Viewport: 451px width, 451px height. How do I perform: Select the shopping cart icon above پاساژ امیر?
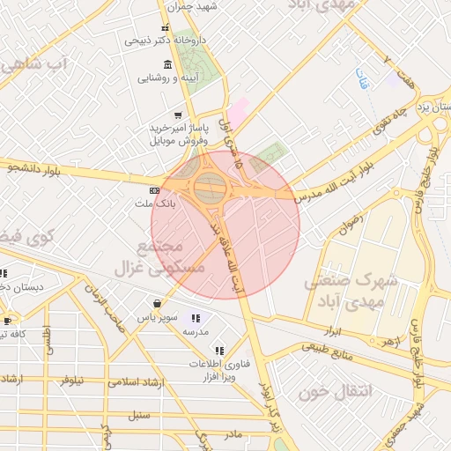coord(178,115)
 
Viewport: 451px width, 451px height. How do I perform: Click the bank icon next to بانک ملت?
coord(155,190)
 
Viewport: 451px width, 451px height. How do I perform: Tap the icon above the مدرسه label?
coord(195,318)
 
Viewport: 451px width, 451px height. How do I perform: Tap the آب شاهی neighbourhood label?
coord(36,64)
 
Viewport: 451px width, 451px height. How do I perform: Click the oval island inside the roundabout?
coord(210,185)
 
